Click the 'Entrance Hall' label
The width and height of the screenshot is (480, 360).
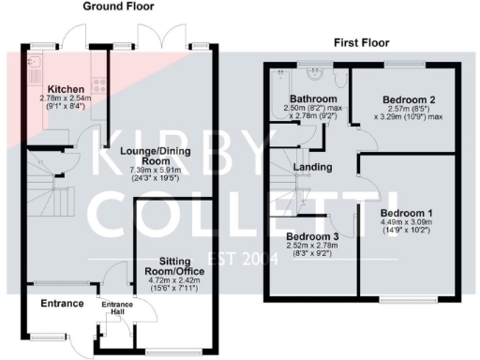(117, 307)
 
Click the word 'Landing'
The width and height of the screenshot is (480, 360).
(311, 168)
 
